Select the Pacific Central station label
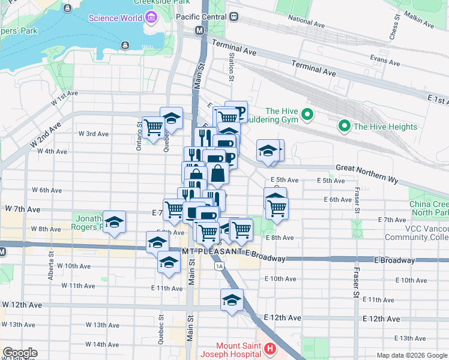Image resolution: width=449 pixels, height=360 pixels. (x=200, y=17)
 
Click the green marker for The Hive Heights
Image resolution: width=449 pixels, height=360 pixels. (x=345, y=126)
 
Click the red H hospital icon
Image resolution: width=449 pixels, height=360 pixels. (x=270, y=348)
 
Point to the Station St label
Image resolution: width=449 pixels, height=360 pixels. (x=231, y=66)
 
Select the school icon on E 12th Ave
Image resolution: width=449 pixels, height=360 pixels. (x=231, y=300)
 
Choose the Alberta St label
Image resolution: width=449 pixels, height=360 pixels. (x=51, y=269)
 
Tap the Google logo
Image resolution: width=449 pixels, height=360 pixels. (x=20, y=353)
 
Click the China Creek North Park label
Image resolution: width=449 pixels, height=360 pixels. (x=429, y=208)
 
